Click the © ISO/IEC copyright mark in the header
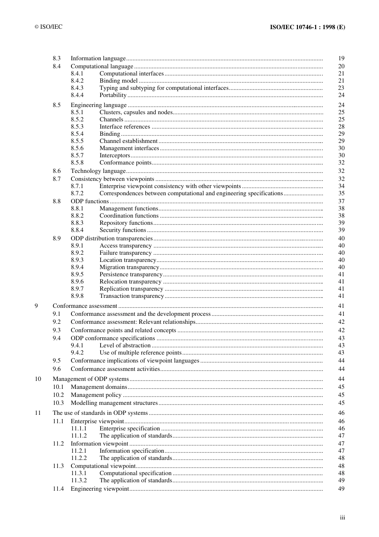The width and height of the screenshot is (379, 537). point(48,27)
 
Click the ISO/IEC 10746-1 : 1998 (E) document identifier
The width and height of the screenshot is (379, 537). point(307,27)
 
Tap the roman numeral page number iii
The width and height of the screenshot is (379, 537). point(342,517)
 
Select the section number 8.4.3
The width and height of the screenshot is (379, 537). point(77,88)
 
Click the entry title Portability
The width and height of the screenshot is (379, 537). point(113,95)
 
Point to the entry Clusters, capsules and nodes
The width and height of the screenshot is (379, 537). point(136,112)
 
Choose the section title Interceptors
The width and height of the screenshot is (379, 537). point(114,155)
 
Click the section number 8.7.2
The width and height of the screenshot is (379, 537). point(77,193)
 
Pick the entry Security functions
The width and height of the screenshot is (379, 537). point(122,230)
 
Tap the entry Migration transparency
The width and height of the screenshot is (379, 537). point(129,267)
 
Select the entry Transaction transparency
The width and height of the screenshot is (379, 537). point(132,296)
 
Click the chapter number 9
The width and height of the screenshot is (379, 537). point(36,306)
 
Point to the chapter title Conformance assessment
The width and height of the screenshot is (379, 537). point(85,306)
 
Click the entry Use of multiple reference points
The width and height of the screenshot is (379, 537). point(140,353)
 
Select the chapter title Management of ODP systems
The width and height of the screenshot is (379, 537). point(91,379)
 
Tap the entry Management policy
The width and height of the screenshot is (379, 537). point(96,395)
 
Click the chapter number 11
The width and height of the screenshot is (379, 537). point(38,413)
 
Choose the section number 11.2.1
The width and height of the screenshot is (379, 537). point(79,451)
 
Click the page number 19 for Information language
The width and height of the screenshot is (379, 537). point(341,58)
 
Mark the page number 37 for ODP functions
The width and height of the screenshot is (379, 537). point(341,201)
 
